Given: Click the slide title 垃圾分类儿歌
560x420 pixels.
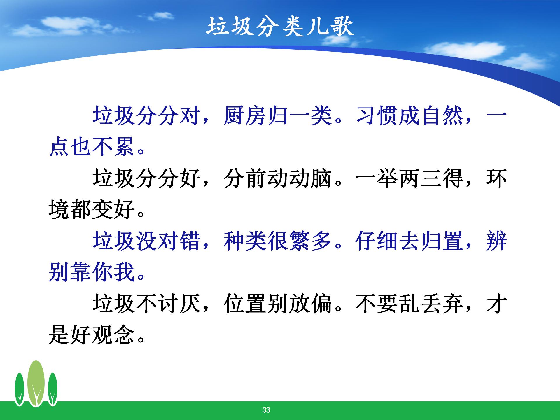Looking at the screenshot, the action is [280, 27].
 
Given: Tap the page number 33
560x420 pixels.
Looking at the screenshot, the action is [266, 410].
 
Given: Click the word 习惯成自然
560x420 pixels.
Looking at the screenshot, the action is [410, 116].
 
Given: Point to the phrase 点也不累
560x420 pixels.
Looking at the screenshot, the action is [92, 147].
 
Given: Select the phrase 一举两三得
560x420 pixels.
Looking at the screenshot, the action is [410, 178].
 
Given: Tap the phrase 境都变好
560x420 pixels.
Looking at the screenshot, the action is [92, 210].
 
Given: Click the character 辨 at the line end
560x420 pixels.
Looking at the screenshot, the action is [496, 241].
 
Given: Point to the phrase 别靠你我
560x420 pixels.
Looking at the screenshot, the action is [92, 272].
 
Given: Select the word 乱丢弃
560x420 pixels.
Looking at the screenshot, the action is [432, 304].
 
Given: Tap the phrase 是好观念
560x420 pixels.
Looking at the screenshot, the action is [92, 335].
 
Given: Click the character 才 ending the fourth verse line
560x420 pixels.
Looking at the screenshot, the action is [496, 304].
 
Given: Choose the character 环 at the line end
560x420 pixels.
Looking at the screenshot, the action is [496, 178].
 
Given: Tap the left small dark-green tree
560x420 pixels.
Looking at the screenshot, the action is [20, 389].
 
